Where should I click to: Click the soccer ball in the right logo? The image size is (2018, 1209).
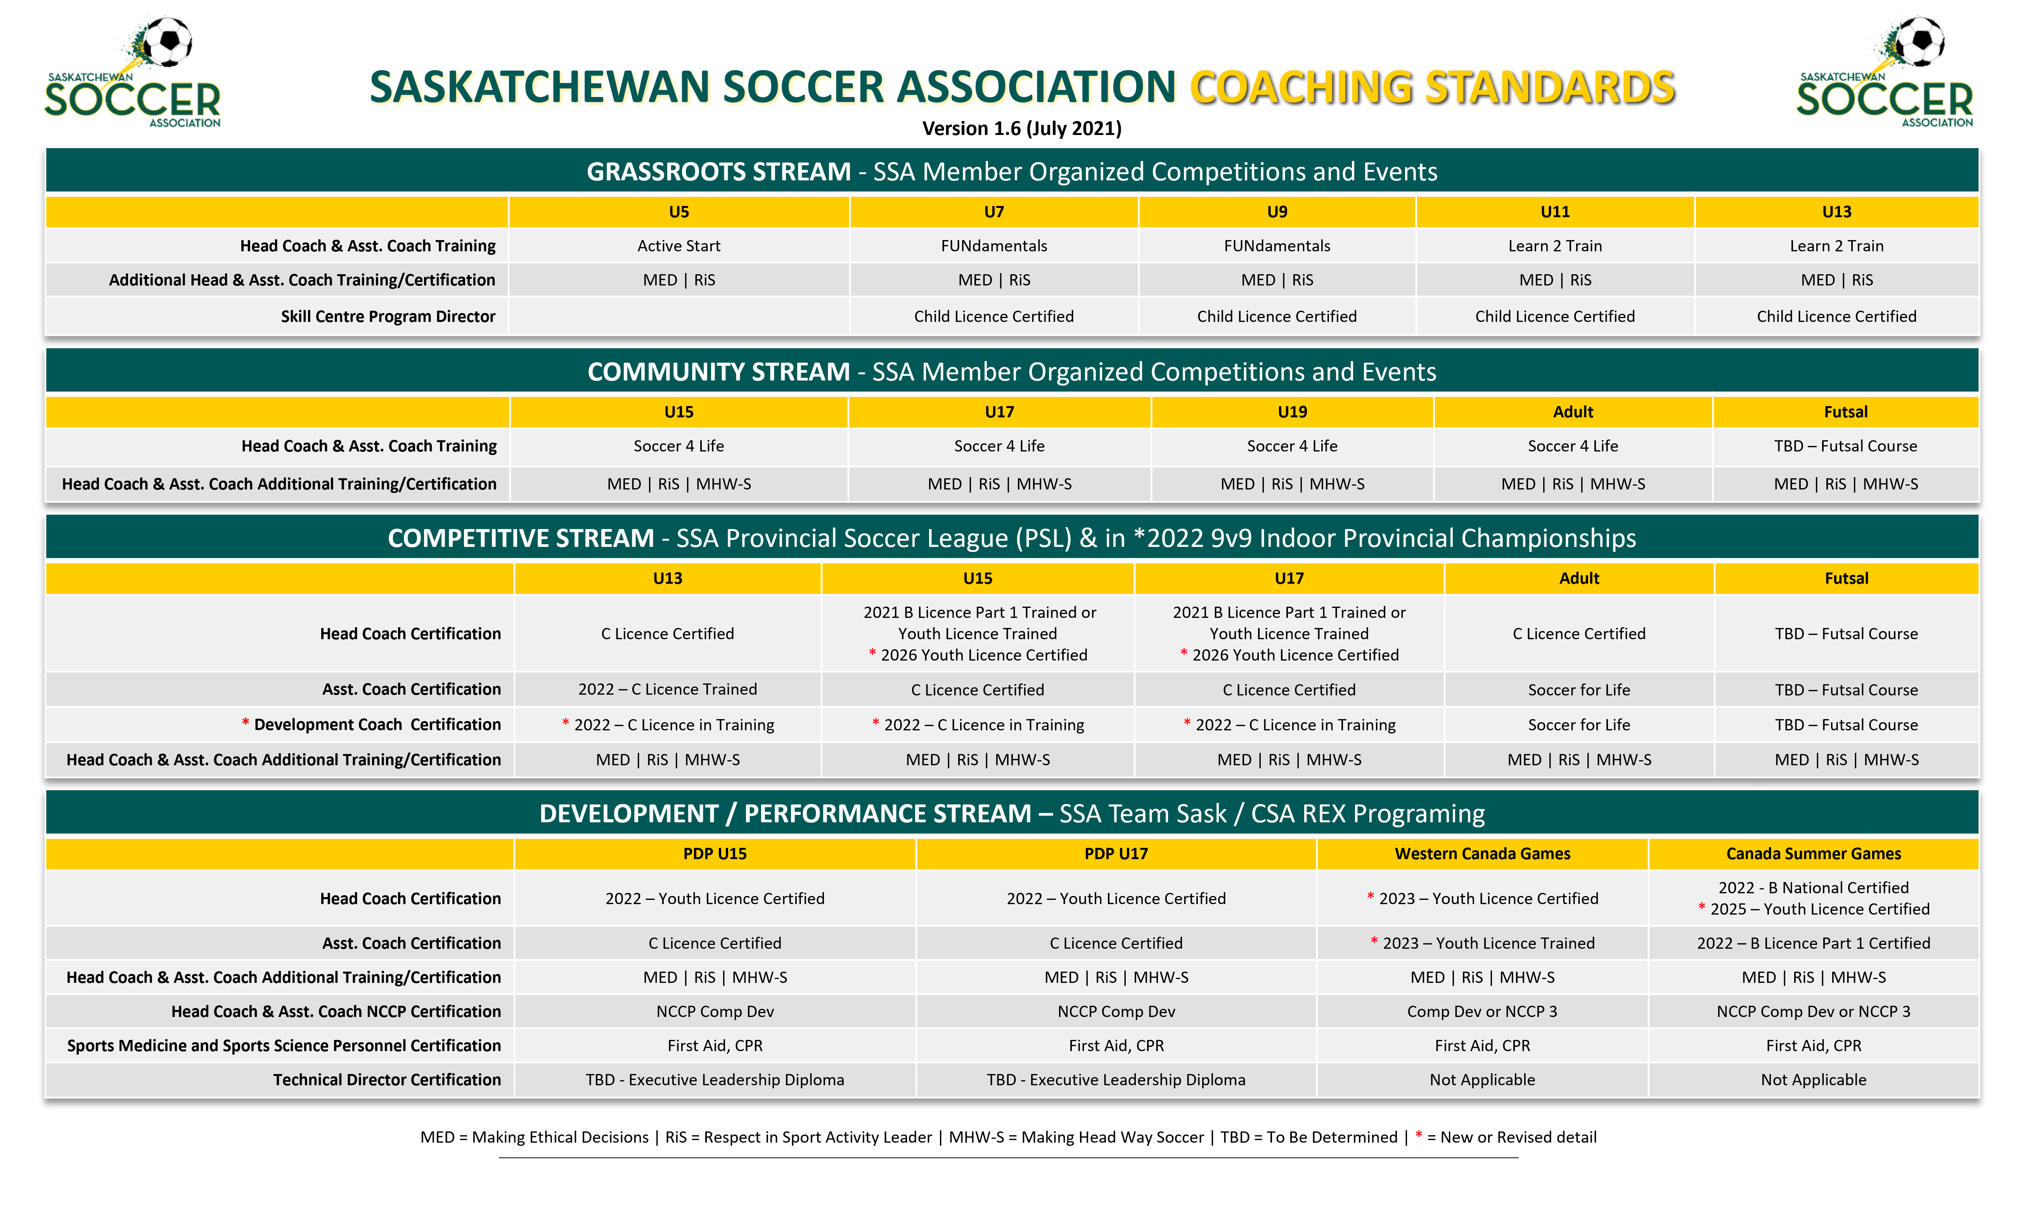[1919, 41]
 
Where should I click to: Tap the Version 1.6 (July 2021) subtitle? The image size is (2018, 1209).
[1022, 129]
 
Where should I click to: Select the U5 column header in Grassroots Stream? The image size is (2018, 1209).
[678, 212]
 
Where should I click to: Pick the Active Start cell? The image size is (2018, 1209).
[678, 246]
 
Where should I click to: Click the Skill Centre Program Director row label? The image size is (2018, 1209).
[388, 316]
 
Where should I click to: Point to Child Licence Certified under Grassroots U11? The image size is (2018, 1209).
[1554, 316]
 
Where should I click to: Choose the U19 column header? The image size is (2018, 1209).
[1292, 412]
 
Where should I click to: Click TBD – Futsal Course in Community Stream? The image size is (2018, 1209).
[1845, 446]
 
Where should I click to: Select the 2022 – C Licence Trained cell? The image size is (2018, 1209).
[667, 689]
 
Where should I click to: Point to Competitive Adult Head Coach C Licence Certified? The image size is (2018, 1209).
[1579, 634]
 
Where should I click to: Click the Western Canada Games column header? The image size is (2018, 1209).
[1482, 854]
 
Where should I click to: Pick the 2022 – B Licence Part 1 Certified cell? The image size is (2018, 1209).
[1814, 943]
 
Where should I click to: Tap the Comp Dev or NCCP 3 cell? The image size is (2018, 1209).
[1482, 1012]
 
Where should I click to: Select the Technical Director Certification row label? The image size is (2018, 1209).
[387, 1080]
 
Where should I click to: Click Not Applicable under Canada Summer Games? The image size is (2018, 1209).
[1814, 1080]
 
